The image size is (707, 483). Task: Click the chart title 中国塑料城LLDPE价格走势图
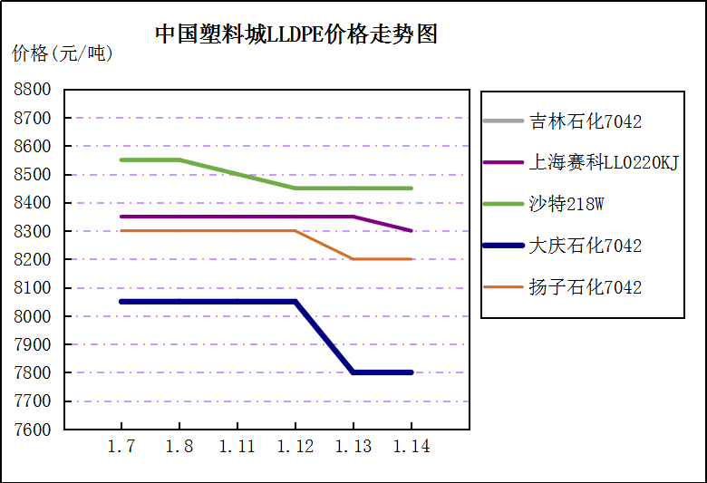[x=296, y=34]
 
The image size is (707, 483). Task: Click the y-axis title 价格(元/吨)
[x=63, y=54]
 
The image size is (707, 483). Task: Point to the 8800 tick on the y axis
[x=32, y=90]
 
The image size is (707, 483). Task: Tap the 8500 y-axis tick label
[x=32, y=175]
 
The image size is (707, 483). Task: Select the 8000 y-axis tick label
[x=32, y=316]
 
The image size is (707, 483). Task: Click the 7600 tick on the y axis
[x=32, y=430]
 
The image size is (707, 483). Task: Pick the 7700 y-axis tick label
[x=32, y=401]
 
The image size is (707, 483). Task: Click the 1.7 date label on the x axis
[x=121, y=447]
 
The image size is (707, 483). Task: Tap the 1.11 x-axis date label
[x=237, y=447]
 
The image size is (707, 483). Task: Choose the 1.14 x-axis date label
[x=412, y=447]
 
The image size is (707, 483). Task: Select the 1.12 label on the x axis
[x=295, y=447]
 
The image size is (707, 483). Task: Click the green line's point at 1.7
[x=121, y=160]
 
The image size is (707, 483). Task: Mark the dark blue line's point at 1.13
[x=353, y=372]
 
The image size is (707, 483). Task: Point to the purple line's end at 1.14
[x=412, y=231]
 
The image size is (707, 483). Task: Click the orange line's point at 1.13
[x=353, y=259]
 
